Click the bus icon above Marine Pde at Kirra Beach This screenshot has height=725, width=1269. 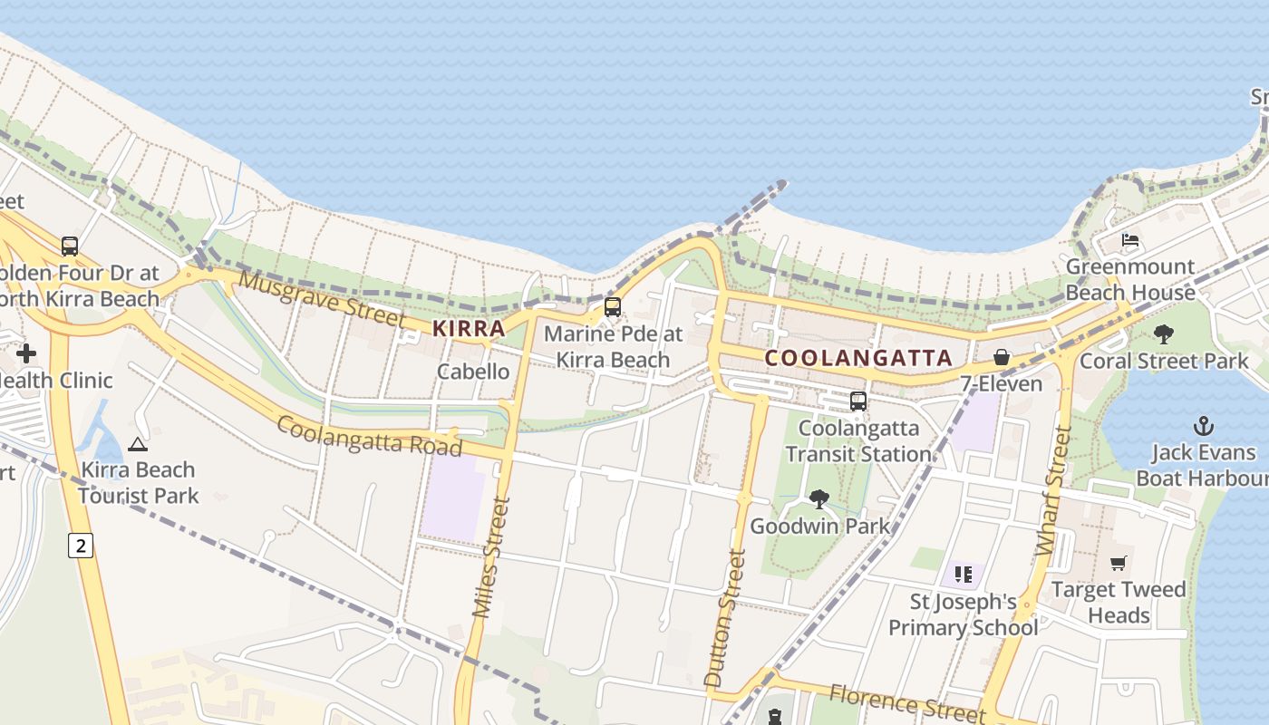(x=613, y=307)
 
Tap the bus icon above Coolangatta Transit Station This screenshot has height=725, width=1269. (x=857, y=401)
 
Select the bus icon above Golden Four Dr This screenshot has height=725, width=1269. (x=70, y=246)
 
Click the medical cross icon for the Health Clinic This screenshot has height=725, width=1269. (x=26, y=353)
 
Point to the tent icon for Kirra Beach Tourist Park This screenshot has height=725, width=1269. (x=137, y=444)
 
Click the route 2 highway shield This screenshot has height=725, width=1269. (x=81, y=546)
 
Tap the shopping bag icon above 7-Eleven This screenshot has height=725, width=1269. (x=1002, y=357)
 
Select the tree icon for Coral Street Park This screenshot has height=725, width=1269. (x=1164, y=334)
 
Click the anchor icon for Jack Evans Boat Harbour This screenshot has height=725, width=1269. (x=1203, y=426)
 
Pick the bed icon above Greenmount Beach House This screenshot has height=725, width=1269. (x=1130, y=240)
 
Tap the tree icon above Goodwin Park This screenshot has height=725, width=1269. (x=819, y=498)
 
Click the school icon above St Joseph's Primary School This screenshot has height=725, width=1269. (x=963, y=574)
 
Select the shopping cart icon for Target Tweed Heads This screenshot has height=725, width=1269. (x=1119, y=563)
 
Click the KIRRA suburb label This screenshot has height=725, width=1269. (x=469, y=328)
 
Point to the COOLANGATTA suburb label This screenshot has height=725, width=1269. (x=858, y=358)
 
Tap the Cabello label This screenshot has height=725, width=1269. (x=473, y=372)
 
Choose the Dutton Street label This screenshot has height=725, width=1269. (x=725, y=617)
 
